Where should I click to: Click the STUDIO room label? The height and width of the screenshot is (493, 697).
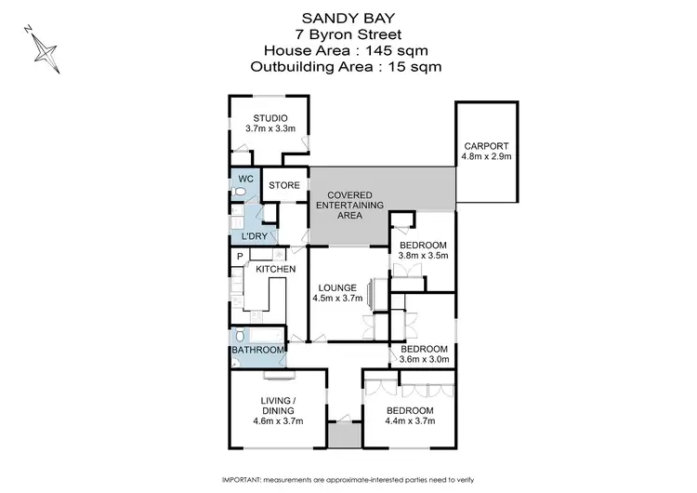pyautogui.click(x=270, y=117)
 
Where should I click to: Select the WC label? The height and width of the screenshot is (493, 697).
pyautogui.click(x=245, y=178)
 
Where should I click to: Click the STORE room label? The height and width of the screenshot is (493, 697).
pyautogui.click(x=284, y=186)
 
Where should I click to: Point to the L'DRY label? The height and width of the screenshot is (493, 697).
pyautogui.click(x=255, y=236)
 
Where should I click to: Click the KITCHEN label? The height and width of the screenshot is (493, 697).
pyautogui.click(x=276, y=270)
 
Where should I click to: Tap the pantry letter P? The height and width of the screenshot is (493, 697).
pyautogui.click(x=239, y=257)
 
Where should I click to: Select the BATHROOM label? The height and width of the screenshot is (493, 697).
pyautogui.click(x=257, y=350)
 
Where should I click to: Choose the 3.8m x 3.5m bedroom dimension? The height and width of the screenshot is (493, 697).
pyautogui.click(x=423, y=254)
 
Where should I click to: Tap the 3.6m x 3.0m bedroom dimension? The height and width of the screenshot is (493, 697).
pyautogui.click(x=423, y=358)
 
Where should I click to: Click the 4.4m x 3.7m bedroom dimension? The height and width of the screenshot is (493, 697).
pyautogui.click(x=410, y=421)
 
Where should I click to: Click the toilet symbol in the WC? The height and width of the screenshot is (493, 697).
pyautogui.click(x=240, y=192)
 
